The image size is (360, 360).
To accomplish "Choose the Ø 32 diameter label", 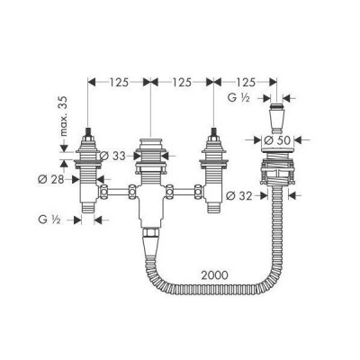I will point(238,193).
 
